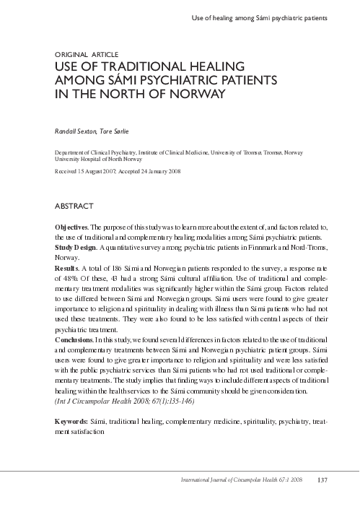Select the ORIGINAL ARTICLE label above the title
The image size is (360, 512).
pyautogui.click(x=84, y=54)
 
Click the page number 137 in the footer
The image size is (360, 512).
pyautogui.click(x=322, y=479)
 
